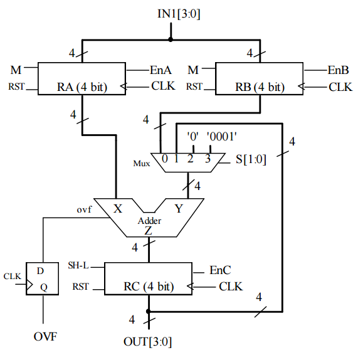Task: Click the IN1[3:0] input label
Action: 179,14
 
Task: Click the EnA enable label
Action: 160,70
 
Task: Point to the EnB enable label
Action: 338,70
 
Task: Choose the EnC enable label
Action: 220,270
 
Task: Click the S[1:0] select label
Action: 251,159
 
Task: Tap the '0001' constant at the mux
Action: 222,136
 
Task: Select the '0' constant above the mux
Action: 193,136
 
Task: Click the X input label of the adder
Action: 118,208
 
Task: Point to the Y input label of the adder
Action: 179,208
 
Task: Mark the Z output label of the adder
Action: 149,231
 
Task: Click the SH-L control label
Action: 78,265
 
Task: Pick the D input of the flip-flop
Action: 40,271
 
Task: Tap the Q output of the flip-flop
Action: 44,287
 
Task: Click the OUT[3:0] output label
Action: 148,342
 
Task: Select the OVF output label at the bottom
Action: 45,337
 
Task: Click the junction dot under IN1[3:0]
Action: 171,40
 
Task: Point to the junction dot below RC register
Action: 149,312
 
